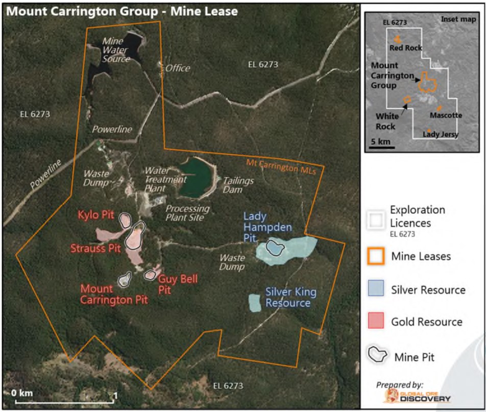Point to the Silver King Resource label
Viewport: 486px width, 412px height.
click(x=288, y=298)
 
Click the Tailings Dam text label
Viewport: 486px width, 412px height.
click(x=238, y=185)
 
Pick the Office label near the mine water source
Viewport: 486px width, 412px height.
click(x=178, y=68)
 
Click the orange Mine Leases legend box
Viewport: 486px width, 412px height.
click(x=375, y=256)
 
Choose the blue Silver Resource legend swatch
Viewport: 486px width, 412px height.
click(x=375, y=289)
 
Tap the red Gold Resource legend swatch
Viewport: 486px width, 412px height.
click(x=375, y=322)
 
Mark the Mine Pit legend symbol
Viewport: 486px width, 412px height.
click(x=378, y=355)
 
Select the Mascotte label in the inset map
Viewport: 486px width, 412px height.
click(x=446, y=115)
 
